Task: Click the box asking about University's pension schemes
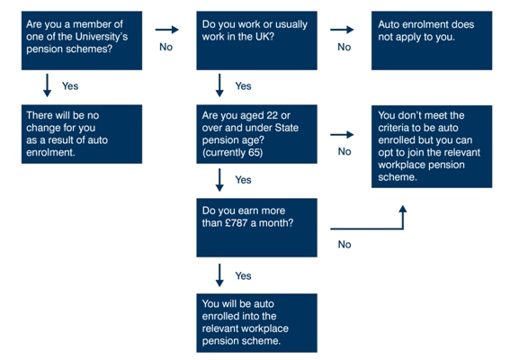coord(82,40)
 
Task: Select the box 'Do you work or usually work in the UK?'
coord(256,40)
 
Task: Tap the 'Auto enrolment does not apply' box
coord(432,40)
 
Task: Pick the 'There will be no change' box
coord(82,134)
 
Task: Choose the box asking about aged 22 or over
coord(256,134)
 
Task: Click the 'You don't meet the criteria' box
coord(432,147)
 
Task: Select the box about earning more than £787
coord(256,228)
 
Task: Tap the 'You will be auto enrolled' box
coord(256,323)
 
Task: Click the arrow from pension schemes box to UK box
coord(167,30)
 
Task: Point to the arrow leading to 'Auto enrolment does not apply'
coord(342,30)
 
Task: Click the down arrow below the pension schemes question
coord(47,85)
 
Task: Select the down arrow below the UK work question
coord(219,85)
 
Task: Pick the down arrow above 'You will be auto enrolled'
coord(219,275)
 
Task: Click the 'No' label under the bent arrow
coord(344,245)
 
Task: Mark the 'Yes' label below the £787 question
coord(243,275)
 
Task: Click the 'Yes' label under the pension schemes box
coord(70,85)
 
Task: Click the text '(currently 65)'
coord(232,153)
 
